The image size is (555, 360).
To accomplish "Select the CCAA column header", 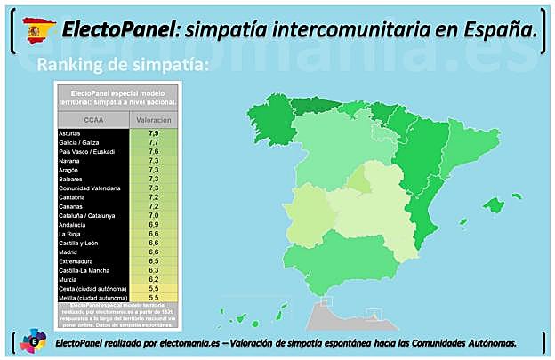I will pos(92,120).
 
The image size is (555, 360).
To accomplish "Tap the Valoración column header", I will pos(153,120).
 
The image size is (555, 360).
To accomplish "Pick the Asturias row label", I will pos(70,133).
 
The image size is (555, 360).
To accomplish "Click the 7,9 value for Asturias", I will pos(153,133).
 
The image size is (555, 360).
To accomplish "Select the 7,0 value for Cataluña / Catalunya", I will pos(153,215).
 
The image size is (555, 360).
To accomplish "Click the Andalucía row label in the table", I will pos(72,224).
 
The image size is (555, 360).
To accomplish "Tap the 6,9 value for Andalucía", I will pos(153,224).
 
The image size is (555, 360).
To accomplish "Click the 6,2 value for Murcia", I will pos(153,279).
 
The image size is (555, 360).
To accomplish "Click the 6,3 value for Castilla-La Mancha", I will pos(153,269).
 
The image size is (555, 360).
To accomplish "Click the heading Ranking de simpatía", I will pos(123,65).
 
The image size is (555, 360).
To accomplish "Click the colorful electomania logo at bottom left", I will pos(33,340).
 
